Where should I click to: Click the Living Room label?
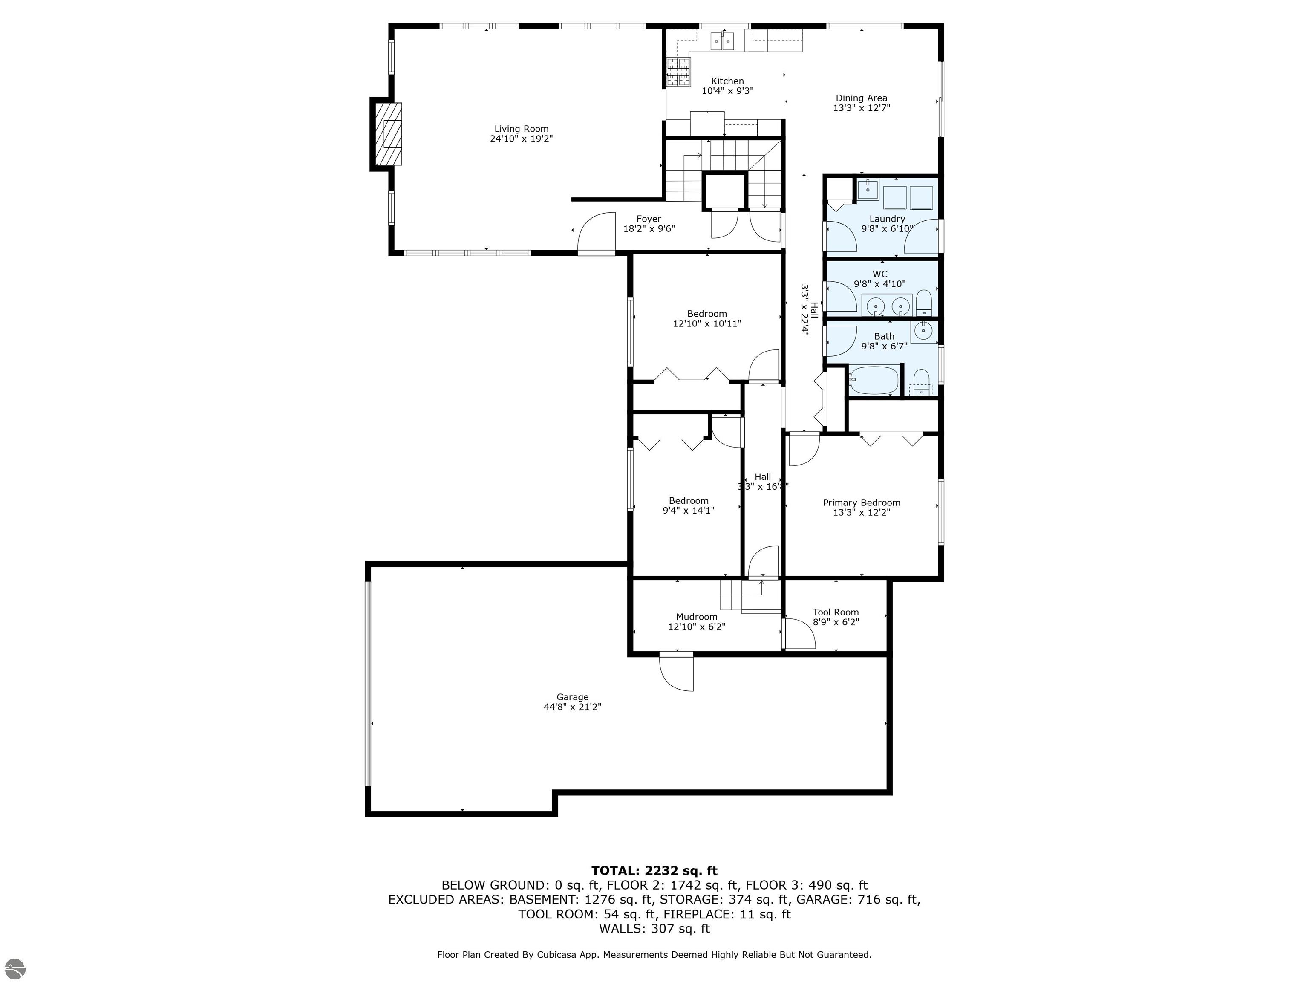coord(522,128)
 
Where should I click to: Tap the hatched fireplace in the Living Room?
coord(389,134)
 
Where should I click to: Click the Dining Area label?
coord(861,98)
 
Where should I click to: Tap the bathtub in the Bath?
coord(874,380)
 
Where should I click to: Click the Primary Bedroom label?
coord(861,503)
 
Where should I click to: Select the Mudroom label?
coord(697,617)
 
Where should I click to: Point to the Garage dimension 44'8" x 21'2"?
coord(572,707)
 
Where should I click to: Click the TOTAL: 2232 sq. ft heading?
coord(654,871)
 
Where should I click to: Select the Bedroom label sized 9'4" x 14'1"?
coord(688,501)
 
